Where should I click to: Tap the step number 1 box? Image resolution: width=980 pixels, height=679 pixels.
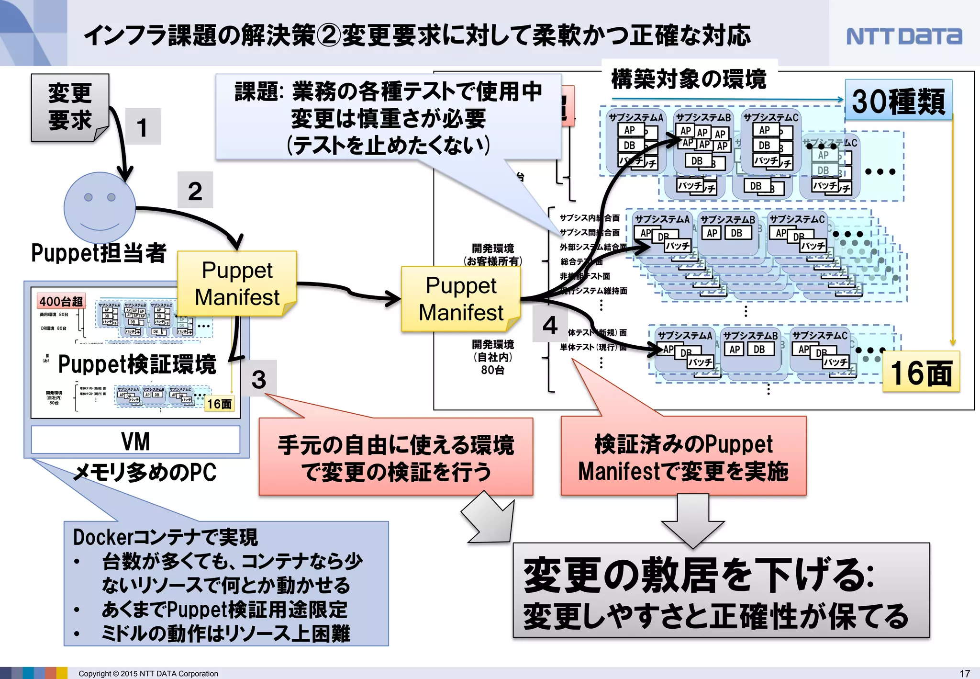tap(143, 126)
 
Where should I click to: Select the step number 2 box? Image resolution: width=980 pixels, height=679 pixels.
tap(195, 190)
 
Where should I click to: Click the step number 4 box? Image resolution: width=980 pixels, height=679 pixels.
tap(550, 325)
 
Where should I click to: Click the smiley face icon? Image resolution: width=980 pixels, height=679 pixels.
tap(100, 207)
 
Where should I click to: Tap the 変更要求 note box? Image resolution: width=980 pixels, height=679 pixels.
tap(70, 107)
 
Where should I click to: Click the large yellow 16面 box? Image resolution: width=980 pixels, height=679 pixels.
tap(921, 372)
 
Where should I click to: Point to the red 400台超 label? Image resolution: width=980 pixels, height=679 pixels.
tap(61, 301)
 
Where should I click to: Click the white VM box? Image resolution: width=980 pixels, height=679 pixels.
tap(135, 440)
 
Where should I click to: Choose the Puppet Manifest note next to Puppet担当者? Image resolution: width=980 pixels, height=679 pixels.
tap(237, 283)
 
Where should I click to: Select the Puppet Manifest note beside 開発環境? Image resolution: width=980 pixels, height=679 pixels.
tap(461, 299)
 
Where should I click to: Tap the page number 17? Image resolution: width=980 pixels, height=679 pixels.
tap(965, 673)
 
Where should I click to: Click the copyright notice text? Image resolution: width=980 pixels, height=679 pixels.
tap(148, 673)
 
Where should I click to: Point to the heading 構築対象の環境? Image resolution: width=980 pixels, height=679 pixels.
tap(689, 79)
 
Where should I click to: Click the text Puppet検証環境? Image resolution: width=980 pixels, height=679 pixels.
tap(137, 364)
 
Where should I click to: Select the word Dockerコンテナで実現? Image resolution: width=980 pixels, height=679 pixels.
tap(165, 537)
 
